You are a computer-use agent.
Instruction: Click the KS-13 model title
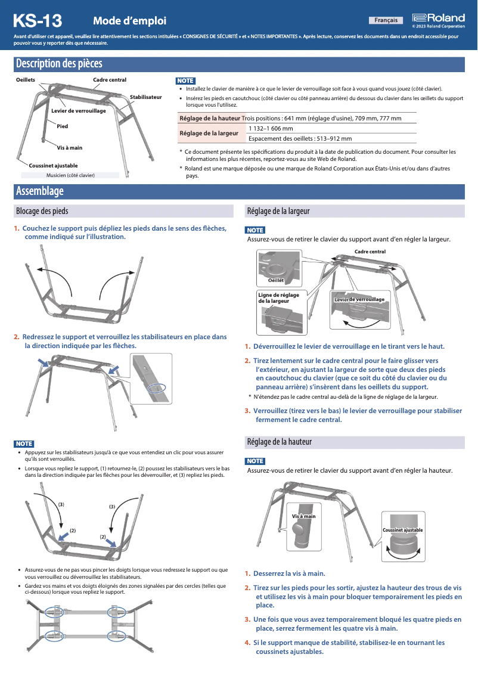[x=38, y=21]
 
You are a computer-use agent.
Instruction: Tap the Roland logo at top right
[x=438, y=18]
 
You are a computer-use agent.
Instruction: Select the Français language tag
[x=386, y=20]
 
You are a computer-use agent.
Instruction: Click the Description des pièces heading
[x=58, y=63]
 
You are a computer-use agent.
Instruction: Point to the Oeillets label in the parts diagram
[x=25, y=79]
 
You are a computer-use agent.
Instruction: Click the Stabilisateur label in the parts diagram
[x=145, y=97]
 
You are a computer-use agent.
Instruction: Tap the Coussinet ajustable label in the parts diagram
[x=54, y=165]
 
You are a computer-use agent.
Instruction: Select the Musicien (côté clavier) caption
[x=70, y=175]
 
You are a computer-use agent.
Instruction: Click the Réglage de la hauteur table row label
[x=210, y=118]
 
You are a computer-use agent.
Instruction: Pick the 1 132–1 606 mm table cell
[x=271, y=128]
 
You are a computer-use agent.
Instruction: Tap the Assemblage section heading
[x=39, y=191]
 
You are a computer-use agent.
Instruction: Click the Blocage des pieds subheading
[x=42, y=211]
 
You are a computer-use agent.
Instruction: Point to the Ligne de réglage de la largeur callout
[x=278, y=298]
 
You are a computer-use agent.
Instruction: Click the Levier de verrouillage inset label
[x=359, y=299]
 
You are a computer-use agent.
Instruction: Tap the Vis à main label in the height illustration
[x=303, y=516]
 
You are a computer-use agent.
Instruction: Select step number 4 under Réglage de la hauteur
[x=247, y=643]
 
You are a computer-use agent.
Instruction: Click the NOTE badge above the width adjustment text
[x=254, y=230]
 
